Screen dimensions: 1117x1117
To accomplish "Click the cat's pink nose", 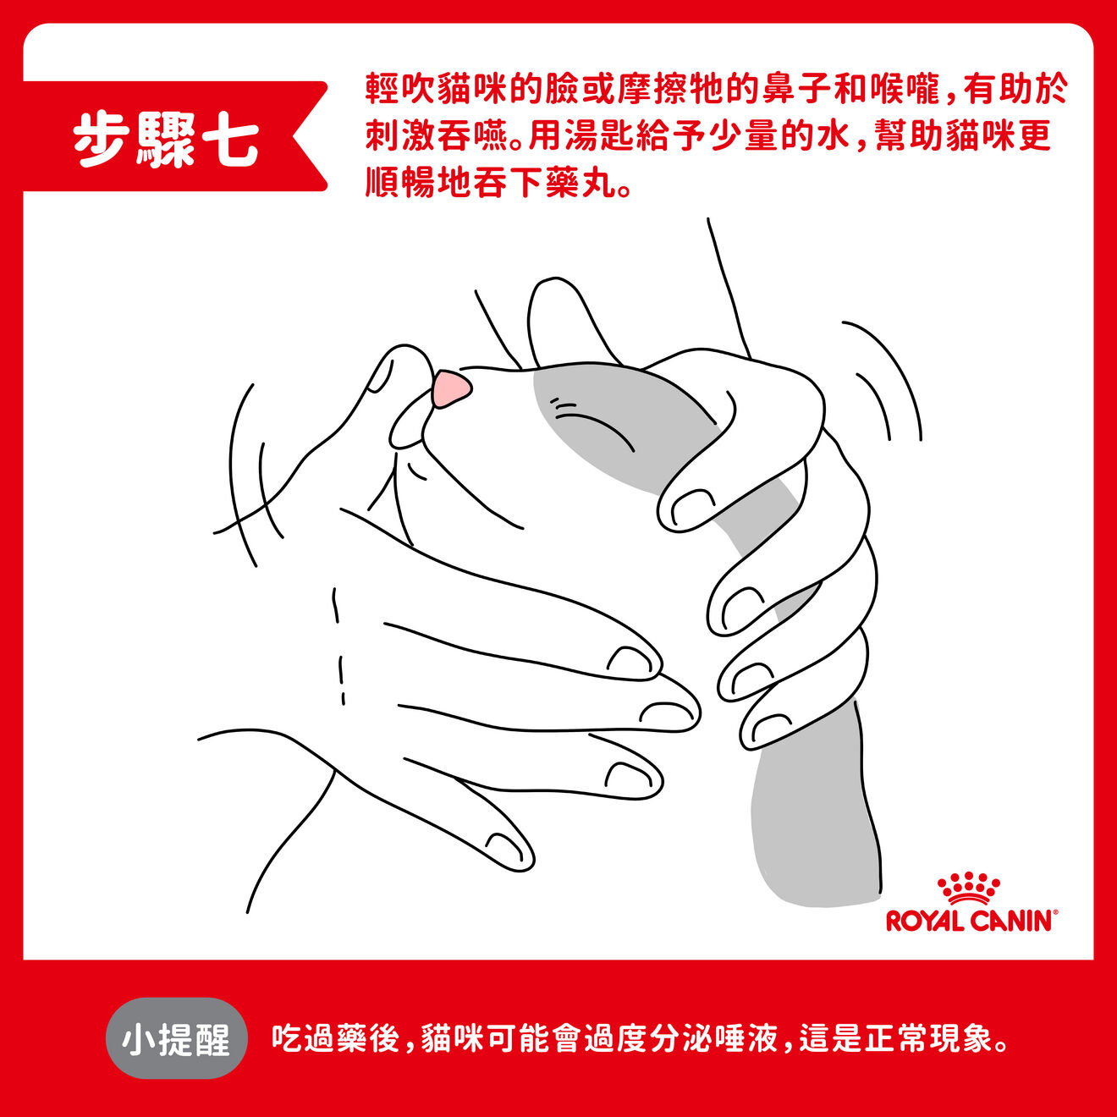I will (449, 388).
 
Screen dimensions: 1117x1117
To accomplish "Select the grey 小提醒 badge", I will (176, 1038).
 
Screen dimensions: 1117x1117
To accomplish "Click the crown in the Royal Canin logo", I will (968, 889).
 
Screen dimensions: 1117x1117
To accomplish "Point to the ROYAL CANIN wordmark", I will (971, 921).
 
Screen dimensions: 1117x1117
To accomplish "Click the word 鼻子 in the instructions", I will (796, 89).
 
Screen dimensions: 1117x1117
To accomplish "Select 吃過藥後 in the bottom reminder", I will (334, 1038).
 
